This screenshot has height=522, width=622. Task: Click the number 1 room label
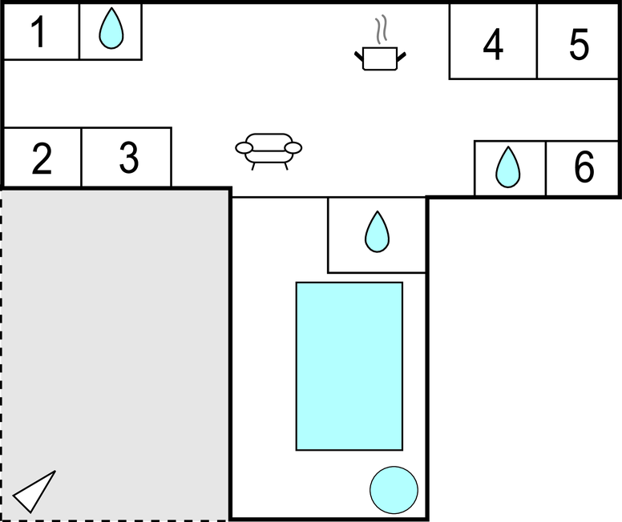pos(38,32)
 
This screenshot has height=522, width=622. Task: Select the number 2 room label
pos(42,159)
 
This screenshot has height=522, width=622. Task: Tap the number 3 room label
pos(129,158)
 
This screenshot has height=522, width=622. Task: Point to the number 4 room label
pos(493,44)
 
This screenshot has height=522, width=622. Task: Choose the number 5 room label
pos(580,44)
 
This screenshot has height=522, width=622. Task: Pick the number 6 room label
pos(584,167)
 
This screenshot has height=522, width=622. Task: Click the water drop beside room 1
pos(111,28)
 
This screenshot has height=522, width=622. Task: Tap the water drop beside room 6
pos(507,167)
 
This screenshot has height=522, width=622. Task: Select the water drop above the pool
pos(377,231)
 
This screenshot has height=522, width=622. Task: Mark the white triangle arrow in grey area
pos(34,492)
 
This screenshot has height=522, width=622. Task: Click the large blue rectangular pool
pos(349,366)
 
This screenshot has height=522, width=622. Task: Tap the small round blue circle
pos(394,490)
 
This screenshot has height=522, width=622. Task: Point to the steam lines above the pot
pos(381,30)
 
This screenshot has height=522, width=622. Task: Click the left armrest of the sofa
pos(244,148)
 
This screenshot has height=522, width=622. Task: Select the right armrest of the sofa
pos(293,148)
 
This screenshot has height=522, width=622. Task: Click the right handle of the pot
pos(401,57)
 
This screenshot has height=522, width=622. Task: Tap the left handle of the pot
pos(359,57)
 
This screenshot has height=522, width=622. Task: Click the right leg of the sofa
pos(286,167)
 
